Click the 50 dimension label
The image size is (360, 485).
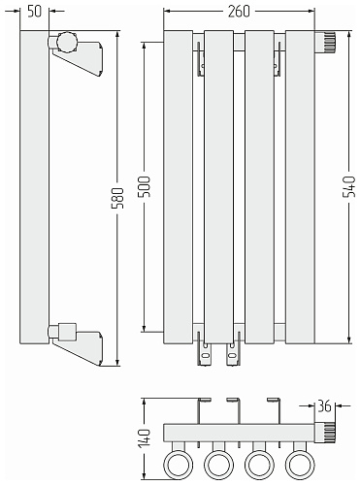[x=35, y=12]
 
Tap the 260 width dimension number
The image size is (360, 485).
[x=239, y=12]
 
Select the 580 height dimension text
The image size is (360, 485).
[x=117, y=198]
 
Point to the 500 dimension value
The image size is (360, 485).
[x=144, y=186]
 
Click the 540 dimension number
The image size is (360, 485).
[x=349, y=186]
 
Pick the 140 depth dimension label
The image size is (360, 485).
[x=145, y=438]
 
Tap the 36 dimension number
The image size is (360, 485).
[x=324, y=406]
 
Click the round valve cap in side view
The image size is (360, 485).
[x=67, y=42]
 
